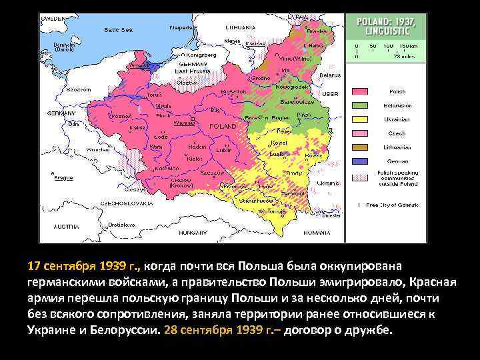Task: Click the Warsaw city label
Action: pyautogui.click(x=184, y=123)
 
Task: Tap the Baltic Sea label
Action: pyautogui.click(x=119, y=29)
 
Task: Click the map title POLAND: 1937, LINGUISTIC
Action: pyautogui.click(x=387, y=26)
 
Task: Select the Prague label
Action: pyautogui.click(x=64, y=178)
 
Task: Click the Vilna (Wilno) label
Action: pyautogui.click(x=301, y=59)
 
